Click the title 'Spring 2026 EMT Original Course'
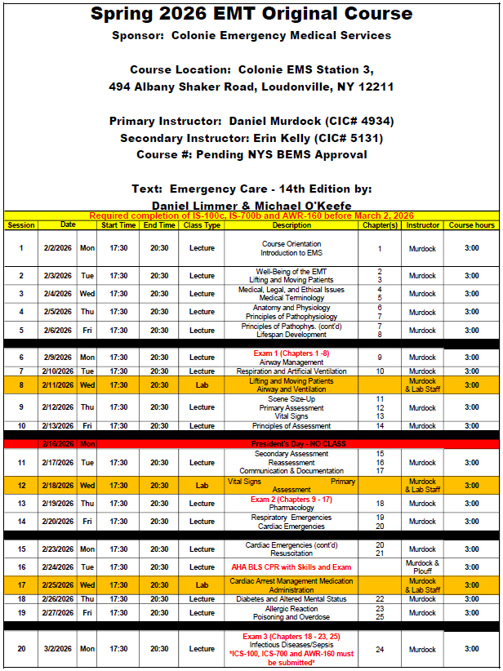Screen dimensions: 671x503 click(x=251, y=13)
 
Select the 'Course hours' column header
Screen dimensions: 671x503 click(x=472, y=225)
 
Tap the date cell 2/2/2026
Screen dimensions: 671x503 click(x=57, y=248)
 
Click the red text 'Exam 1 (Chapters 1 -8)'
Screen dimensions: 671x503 click(x=292, y=353)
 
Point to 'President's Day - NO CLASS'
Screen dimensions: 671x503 click(x=292, y=443)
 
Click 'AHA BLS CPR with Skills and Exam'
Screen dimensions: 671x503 click(x=292, y=567)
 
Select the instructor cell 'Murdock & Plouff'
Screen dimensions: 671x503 click(x=423, y=567)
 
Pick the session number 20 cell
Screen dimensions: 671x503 click(x=21, y=649)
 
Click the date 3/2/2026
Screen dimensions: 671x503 click(x=57, y=649)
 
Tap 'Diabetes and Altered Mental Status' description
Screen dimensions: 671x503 click(x=292, y=599)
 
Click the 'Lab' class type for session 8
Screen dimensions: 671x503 click(x=202, y=385)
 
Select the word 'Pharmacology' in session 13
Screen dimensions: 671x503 click(x=292, y=508)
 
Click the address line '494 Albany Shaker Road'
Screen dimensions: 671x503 click(x=251, y=86)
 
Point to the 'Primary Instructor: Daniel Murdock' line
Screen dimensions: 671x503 click(x=251, y=121)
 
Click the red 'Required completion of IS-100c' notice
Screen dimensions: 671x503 click(x=251, y=216)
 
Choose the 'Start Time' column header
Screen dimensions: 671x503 click(x=118, y=225)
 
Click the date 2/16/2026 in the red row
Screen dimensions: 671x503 click(x=57, y=443)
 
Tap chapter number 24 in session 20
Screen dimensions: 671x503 click(x=380, y=650)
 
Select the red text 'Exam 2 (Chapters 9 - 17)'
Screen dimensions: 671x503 click(x=292, y=499)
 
